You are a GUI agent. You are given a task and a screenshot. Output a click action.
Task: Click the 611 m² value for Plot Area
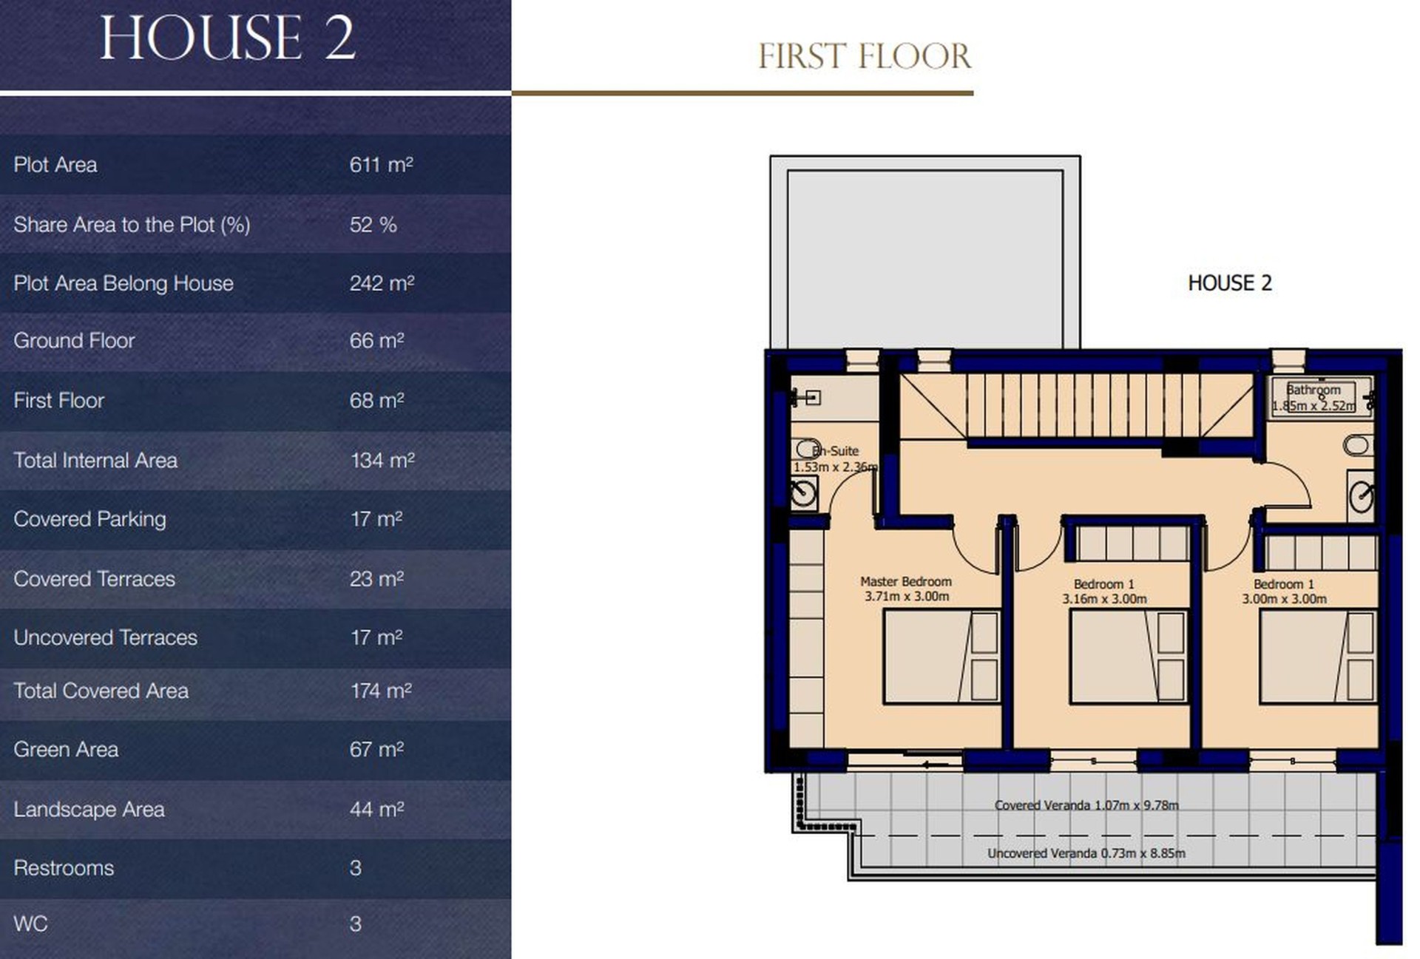(x=381, y=164)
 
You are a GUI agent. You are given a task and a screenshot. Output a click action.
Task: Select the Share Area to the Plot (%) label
(x=132, y=224)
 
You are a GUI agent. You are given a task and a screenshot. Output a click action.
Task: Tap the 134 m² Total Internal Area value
(x=382, y=460)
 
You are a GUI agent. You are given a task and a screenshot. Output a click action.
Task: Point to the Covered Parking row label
(x=89, y=519)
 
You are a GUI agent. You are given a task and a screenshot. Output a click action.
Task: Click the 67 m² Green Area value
(x=376, y=749)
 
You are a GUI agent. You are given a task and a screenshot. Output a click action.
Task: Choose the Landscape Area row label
(x=89, y=809)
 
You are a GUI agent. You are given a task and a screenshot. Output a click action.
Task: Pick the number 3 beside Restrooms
(x=355, y=867)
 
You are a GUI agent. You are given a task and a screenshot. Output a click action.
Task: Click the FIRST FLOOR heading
(x=865, y=56)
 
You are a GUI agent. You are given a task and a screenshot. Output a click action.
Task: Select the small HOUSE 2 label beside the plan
(x=1229, y=283)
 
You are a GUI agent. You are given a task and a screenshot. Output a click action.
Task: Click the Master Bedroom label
(x=906, y=581)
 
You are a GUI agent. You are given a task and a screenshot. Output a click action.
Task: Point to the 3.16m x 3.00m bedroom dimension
(x=1104, y=599)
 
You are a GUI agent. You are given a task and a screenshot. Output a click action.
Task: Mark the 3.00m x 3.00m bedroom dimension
(x=1284, y=599)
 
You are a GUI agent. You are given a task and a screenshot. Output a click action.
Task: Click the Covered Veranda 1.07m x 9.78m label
(x=1086, y=805)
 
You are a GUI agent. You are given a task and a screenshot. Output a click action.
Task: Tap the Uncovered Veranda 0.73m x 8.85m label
(x=1086, y=853)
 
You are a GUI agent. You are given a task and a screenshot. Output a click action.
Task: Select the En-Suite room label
(x=836, y=450)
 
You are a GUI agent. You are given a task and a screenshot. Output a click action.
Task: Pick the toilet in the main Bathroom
(x=1358, y=445)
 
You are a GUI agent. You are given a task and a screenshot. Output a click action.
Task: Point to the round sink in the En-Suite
(x=804, y=492)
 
